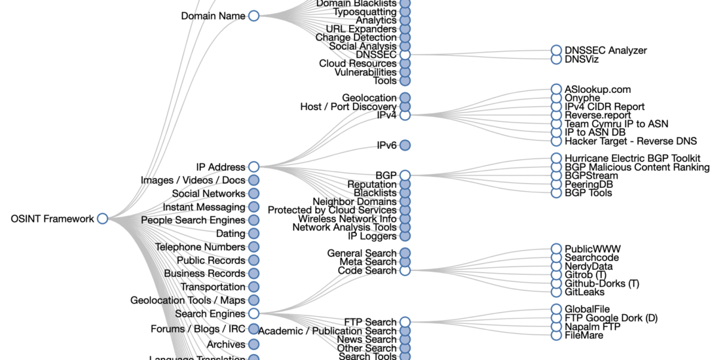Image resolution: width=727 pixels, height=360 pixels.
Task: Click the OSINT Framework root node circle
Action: [x=102, y=219]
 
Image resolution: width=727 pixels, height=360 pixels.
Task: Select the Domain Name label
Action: [x=213, y=16]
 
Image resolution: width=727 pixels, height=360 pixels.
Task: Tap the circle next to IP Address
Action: [x=253, y=167]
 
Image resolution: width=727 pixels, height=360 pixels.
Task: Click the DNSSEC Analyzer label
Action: [x=605, y=50]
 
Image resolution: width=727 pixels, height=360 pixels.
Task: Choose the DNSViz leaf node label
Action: [x=582, y=60]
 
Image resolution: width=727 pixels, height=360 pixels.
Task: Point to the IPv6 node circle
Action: [x=405, y=145]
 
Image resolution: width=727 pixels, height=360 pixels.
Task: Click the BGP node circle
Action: [x=405, y=175]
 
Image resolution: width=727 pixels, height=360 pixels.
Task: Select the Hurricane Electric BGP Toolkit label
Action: [x=632, y=158]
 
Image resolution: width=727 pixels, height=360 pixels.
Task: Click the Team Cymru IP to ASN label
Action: [x=616, y=124]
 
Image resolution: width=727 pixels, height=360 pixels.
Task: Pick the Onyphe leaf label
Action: [x=582, y=98]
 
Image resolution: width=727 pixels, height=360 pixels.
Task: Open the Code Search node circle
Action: [x=405, y=270]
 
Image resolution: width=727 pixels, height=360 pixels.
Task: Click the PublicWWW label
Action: [x=592, y=249]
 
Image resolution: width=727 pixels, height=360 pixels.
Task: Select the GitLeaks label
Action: [x=584, y=292]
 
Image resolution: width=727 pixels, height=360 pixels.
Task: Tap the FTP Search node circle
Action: [x=405, y=322]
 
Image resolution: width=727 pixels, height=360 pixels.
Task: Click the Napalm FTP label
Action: [x=593, y=327]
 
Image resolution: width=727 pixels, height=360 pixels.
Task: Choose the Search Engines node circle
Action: [x=253, y=314]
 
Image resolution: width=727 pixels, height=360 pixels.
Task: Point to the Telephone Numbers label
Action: [x=200, y=247]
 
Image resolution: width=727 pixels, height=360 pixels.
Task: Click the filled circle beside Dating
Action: [x=253, y=234]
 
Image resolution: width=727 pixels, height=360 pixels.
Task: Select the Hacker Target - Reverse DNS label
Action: [x=630, y=141]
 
